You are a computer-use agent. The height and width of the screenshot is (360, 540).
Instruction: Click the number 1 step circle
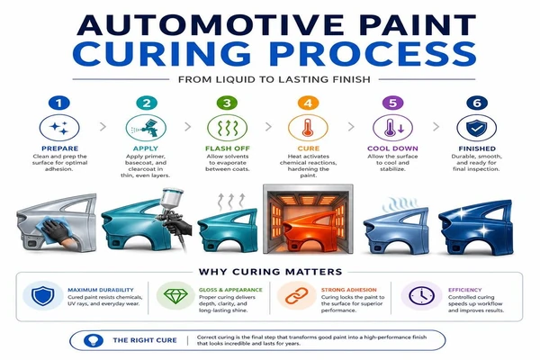point(59,103)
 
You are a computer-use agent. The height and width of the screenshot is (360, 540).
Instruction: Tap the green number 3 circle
point(227,103)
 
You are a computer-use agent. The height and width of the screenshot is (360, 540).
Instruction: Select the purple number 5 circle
point(392,103)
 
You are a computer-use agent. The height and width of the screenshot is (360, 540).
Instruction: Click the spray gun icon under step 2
point(146,128)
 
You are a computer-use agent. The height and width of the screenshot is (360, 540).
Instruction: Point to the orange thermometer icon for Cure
point(308,128)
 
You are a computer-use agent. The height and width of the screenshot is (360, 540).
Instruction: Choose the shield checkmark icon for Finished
point(477,128)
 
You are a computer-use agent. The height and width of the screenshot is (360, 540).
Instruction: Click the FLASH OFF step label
point(228,148)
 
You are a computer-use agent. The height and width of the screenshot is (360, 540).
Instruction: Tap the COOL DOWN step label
point(392,148)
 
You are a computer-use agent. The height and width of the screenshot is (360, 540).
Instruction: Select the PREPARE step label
point(59,148)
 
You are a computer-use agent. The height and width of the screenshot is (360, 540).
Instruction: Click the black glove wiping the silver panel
point(58,230)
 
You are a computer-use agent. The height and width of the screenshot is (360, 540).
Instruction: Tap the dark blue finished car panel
point(475,228)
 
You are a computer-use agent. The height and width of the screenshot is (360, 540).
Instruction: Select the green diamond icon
point(175,296)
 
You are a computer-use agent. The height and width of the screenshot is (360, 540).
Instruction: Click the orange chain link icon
point(296,296)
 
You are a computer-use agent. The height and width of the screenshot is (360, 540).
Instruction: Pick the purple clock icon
point(421,295)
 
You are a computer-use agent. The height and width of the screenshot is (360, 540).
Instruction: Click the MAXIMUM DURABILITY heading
point(101,290)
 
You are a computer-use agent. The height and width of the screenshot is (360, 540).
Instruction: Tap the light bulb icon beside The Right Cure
point(94,340)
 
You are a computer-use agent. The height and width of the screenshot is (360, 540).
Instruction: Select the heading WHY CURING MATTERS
point(270,272)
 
